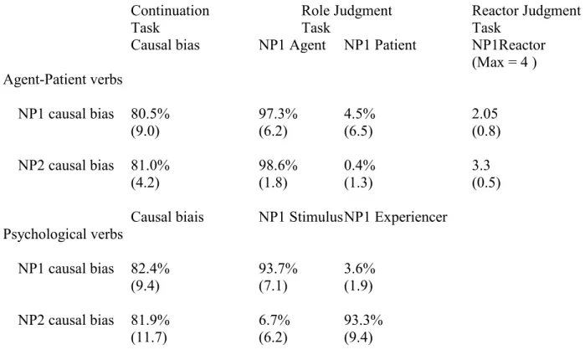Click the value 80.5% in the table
pyautogui.click(x=150, y=114)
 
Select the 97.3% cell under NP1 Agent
pyautogui.click(x=278, y=114)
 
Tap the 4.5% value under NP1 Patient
pyautogui.click(x=360, y=114)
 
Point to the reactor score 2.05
pyautogui.click(x=485, y=114)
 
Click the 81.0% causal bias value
pyautogui.click(x=150, y=165)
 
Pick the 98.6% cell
pyautogui.click(x=278, y=165)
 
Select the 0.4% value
pyautogui.click(x=360, y=165)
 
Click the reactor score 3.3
pyautogui.click(x=481, y=165)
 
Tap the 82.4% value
pyautogui.click(x=150, y=269)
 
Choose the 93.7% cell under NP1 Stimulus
pyautogui.click(x=278, y=269)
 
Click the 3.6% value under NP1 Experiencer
pyautogui.click(x=360, y=269)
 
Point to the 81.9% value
pyautogui.click(x=150, y=320)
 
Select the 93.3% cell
pyautogui.click(x=363, y=320)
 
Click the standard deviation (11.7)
pyautogui.click(x=148, y=337)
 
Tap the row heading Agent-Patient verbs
pyautogui.click(x=63, y=80)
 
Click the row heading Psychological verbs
pyautogui.click(x=63, y=234)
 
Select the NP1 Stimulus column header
pyautogui.click(x=300, y=217)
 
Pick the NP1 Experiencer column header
pyautogui.click(x=396, y=217)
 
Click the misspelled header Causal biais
pyautogui.click(x=167, y=217)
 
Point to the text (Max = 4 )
pyautogui.click(x=504, y=62)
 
